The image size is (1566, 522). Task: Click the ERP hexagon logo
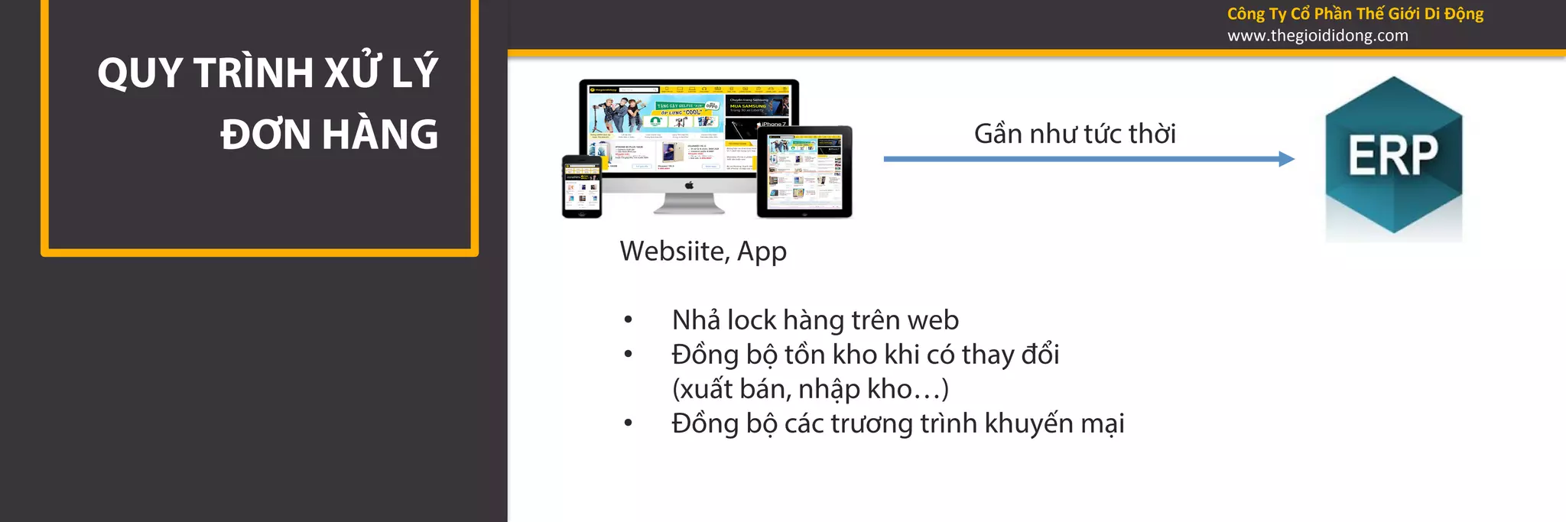1393,156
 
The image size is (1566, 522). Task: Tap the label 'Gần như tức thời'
1074,135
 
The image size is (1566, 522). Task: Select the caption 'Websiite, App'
703,251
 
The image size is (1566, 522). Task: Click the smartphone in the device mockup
581,186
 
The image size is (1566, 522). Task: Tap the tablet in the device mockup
804,172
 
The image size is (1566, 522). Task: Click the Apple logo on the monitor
688,185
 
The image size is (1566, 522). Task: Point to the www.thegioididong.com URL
1317,36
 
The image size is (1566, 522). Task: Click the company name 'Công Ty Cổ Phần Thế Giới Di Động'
1355,14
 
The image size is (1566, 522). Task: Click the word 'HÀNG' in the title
380,135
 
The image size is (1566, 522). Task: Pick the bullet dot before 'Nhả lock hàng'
628,320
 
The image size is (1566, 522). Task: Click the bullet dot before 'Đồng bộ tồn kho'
628,355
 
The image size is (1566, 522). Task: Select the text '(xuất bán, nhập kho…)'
810,390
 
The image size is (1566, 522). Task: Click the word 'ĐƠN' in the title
265,135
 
